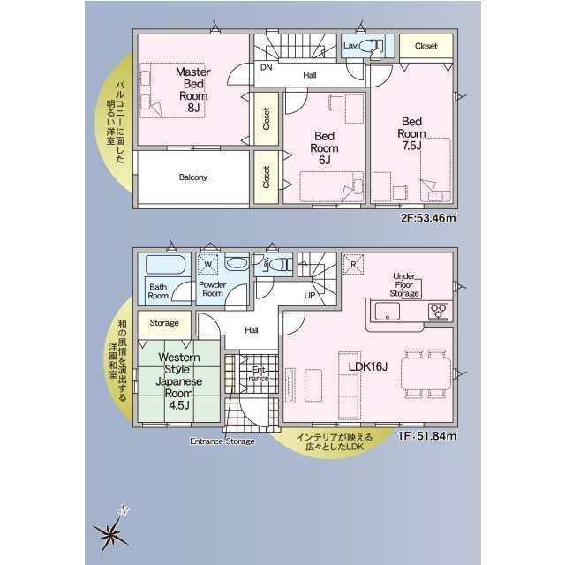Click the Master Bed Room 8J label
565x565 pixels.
[x=193, y=89]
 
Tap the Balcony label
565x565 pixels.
[x=193, y=177]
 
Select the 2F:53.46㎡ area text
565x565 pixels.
[x=428, y=218]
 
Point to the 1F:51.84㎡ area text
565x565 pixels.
[x=427, y=436]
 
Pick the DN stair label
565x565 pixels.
[x=267, y=67]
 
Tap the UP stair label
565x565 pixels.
[x=310, y=296]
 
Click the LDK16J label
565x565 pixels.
[x=368, y=367]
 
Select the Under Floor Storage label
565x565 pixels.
[x=404, y=284]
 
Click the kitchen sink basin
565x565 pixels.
[x=388, y=311]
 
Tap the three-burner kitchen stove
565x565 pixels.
[x=439, y=311]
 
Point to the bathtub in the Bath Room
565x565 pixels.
[x=165, y=265]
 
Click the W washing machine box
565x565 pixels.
[x=208, y=264]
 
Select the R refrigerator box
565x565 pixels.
[x=353, y=265]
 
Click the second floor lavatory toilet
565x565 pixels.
[x=368, y=46]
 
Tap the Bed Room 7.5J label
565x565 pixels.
[x=411, y=133]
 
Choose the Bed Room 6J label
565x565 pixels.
[x=324, y=148]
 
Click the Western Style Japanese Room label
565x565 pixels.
[x=178, y=381]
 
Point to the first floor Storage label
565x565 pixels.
[x=164, y=323]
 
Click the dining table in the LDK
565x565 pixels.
[x=426, y=373]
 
